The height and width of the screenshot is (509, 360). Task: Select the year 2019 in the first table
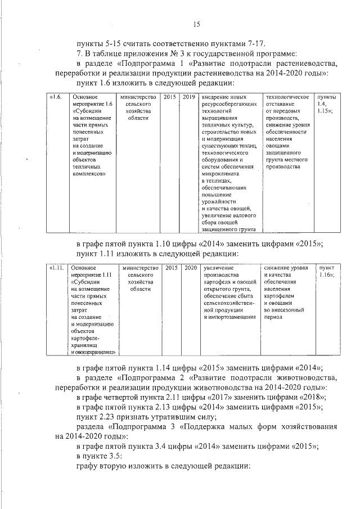click(x=188, y=97)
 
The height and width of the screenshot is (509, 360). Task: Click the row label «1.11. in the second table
click(x=56, y=268)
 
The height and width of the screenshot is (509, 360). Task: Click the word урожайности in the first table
click(x=217, y=201)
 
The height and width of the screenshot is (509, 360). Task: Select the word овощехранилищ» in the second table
click(x=93, y=352)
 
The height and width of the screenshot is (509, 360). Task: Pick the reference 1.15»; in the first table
click(x=325, y=111)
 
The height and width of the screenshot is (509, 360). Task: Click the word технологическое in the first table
click(x=287, y=97)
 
